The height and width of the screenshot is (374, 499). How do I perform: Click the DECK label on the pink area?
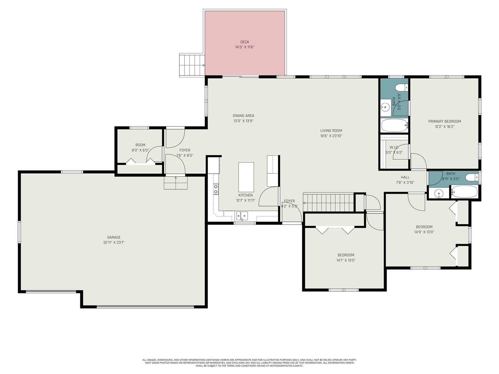tap(244, 42)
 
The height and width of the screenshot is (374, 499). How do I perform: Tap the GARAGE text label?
tap(114, 237)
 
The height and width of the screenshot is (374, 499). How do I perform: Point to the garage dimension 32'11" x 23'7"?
tap(114, 243)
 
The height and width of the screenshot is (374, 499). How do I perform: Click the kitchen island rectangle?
tap(246, 177)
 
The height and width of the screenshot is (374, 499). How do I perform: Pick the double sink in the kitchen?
tap(242, 216)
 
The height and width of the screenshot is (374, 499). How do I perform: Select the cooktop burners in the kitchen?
tap(216, 189)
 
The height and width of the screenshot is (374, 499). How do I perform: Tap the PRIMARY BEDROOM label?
tap(444, 122)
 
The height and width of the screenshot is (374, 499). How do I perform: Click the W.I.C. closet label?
tap(394, 147)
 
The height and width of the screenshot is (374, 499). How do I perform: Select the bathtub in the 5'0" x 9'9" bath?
tap(394, 125)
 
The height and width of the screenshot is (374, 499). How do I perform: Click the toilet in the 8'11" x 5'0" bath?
tap(472, 178)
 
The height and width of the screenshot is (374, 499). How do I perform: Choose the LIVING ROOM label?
tap(331, 131)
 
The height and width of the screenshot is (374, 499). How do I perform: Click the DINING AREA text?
tap(243, 116)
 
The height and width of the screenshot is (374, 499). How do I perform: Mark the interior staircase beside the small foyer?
tap(328, 202)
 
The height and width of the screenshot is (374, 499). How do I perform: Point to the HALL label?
tap(405, 177)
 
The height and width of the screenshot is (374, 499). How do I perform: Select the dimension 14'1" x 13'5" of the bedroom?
tap(346, 261)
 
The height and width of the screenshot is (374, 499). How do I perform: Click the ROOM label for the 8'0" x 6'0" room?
tap(140, 145)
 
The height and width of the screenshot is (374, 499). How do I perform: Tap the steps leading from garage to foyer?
tap(175, 183)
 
